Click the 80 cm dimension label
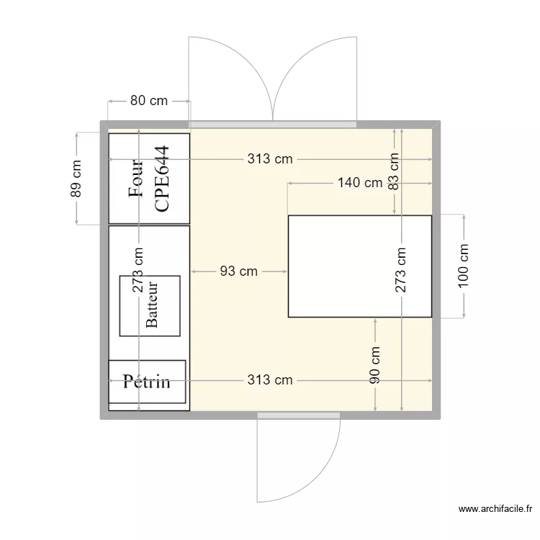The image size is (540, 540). click(x=148, y=101)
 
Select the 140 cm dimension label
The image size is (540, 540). click(x=360, y=183)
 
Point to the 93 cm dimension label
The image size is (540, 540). click(x=238, y=271)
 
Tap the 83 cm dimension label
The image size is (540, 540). click(x=394, y=171)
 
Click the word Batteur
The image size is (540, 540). click(x=151, y=305)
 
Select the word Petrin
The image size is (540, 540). click(x=147, y=381)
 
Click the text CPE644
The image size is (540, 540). click(x=163, y=179)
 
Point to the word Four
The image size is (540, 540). click(x=135, y=179)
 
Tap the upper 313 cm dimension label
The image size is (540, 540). click(x=270, y=159)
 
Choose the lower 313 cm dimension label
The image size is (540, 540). click(x=270, y=379)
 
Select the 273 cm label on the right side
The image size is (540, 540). click(x=401, y=270)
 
